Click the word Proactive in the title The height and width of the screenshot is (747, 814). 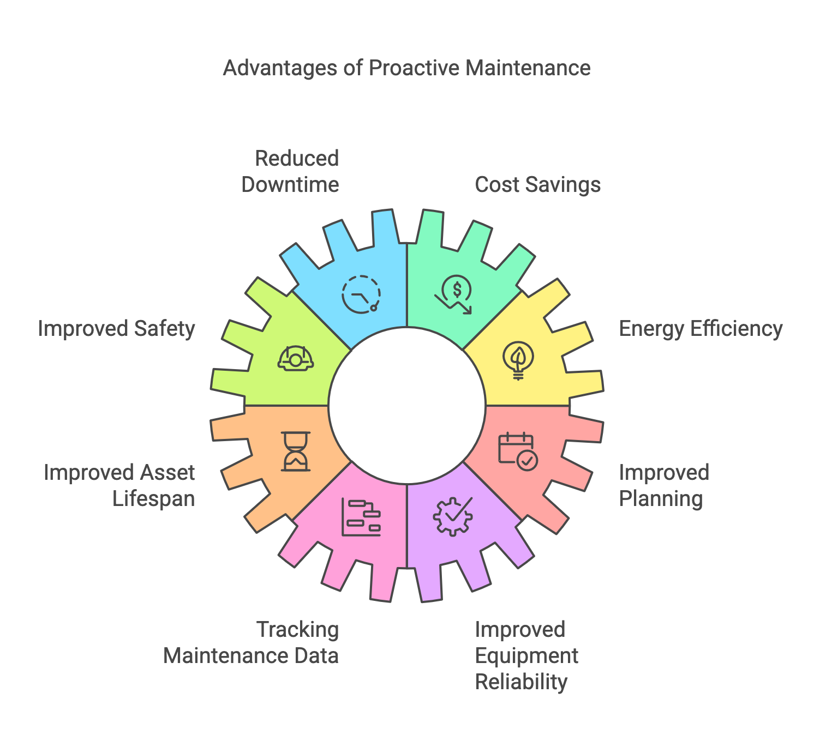(414, 68)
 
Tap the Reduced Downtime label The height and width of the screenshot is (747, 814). (290, 171)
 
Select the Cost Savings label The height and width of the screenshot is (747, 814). (537, 185)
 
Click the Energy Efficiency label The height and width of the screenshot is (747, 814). (701, 329)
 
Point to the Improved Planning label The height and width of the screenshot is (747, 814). (663, 485)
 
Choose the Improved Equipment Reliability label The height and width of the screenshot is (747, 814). (526, 655)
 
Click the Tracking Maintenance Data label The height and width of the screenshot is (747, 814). (252, 642)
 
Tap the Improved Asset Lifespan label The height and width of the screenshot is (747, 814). (119, 485)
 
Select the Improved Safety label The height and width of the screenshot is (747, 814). (116, 329)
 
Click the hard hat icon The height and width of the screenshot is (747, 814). (296, 358)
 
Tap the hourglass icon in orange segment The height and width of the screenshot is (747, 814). (296, 451)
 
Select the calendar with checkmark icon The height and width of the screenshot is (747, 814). (518, 451)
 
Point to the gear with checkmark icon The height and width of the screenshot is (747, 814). (453, 516)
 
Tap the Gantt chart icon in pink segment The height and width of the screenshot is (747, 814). (361, 516)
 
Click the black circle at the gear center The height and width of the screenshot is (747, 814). (407, 406)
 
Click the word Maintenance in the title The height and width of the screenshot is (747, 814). (528, 68)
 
